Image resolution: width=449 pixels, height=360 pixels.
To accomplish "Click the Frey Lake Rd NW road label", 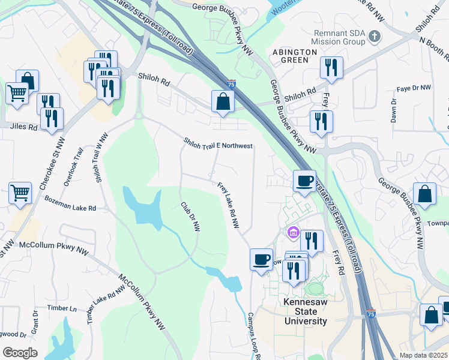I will [x=229, y=206].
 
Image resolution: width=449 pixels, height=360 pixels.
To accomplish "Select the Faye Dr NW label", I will [x=414, y=88].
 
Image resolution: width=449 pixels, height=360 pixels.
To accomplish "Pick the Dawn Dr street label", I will [x=394, y=110].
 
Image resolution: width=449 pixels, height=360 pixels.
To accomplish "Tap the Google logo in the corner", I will [x=20, y=352].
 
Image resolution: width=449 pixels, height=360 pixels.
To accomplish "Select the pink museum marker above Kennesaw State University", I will [x=293, y=232].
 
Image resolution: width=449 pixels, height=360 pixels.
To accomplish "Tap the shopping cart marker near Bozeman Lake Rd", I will [x=20, y=194].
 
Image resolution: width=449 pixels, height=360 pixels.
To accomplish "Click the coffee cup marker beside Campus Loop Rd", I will [x=261, y=260].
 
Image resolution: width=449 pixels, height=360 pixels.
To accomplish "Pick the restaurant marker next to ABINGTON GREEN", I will [x=331, y=68].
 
